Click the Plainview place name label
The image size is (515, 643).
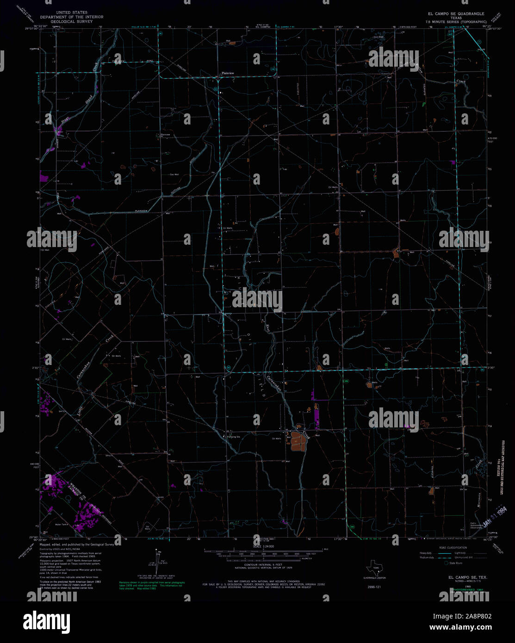coord(228,73)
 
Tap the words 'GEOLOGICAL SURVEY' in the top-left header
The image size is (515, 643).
coord(71,21)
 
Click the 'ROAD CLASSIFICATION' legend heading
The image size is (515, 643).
coord(453,548)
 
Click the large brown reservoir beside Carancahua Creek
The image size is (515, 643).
coord(297,441)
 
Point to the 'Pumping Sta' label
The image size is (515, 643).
coord(233,437)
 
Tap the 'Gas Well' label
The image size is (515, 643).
coord(174,174)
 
